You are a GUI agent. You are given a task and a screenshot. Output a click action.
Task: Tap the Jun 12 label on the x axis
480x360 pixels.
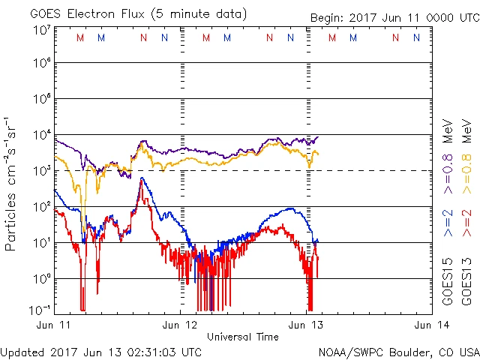(x=181, y=325)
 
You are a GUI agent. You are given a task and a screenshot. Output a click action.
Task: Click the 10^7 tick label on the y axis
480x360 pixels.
(x=41, y=30)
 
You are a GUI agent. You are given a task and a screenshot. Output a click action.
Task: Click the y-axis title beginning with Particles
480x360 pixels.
(x=11, y=184)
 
